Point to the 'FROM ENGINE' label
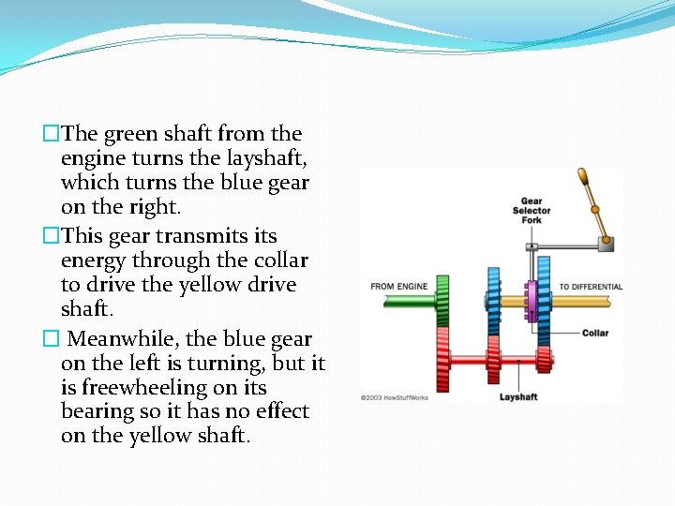pos(398,287)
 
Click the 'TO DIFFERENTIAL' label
pos(591,287)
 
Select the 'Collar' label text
pos(594,333)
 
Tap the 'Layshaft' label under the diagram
pos(518,397)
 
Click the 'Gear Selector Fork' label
pos(532,210)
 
